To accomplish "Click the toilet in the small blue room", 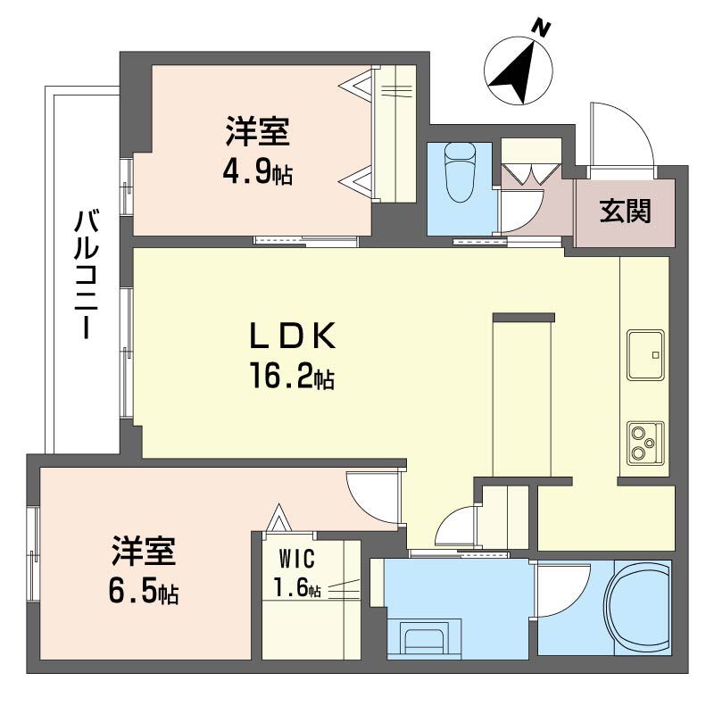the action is pos(460,172).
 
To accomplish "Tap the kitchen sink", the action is pos(645,354).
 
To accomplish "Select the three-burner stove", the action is pos(645,443).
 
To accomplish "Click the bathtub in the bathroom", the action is pos(637,608).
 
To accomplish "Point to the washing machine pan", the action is pos(424,638).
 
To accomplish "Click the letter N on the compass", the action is pos(542,29).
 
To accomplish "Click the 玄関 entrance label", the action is pos(626,212).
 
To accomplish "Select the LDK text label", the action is pos(293,336).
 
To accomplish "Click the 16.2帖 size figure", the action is pos(292,375).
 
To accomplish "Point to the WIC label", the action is pos(297,559).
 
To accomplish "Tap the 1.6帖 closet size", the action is pos(297,587).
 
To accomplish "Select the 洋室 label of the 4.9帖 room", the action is pos(258,132).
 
